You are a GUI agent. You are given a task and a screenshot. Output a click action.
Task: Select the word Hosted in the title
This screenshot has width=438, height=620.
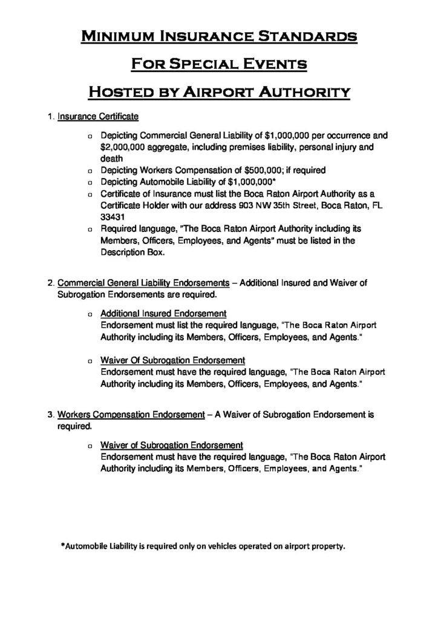[x=123, y=92]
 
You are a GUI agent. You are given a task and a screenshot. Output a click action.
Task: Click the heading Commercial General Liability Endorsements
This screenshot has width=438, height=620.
[x=143, y=283]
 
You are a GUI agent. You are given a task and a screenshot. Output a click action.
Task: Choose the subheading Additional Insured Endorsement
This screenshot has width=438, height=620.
[x=163, y=314]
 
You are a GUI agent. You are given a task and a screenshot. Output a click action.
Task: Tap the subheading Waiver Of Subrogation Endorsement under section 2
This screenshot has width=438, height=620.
[x=172, y=360]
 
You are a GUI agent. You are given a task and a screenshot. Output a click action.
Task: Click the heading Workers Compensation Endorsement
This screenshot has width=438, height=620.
[x=131, y=415]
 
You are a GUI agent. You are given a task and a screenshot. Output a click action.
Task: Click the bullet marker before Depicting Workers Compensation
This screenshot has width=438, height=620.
[x=89, y=170]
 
